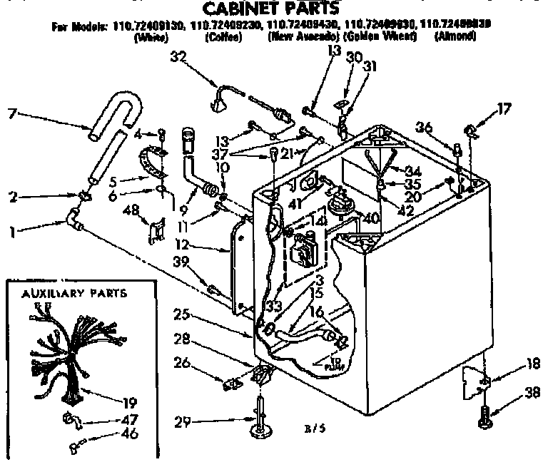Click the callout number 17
(504, 109)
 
